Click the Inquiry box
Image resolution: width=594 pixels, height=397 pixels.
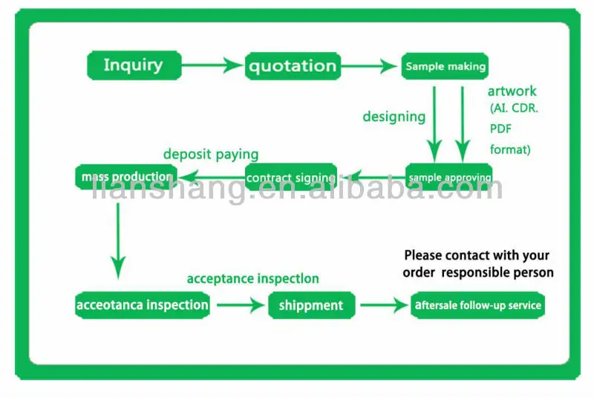134,65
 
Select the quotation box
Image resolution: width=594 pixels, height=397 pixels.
293,66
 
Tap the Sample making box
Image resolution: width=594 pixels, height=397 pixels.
446,66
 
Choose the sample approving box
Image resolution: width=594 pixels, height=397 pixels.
448,177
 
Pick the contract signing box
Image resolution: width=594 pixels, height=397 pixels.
291,178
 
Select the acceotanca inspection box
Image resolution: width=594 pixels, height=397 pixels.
143,305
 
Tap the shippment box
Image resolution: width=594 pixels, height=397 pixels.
311,305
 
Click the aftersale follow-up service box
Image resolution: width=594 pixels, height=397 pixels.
478,305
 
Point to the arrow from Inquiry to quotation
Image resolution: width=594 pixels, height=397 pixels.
212,65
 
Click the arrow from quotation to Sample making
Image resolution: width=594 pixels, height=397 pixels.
370,66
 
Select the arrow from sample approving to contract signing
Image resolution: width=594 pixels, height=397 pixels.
372,177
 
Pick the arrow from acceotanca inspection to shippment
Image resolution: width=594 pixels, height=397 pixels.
239,305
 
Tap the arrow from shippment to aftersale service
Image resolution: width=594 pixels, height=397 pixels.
383,305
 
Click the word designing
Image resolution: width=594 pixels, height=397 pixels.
394,117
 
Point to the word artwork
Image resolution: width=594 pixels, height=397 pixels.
512,91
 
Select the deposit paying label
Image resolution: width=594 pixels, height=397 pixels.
211,155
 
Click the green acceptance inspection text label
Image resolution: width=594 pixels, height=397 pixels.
252,279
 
